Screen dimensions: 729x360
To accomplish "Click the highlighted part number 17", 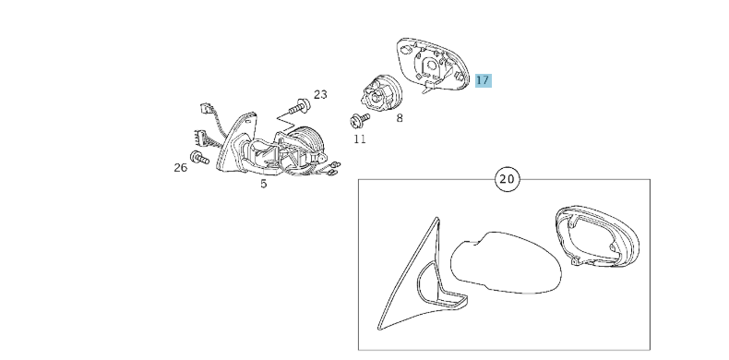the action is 483,80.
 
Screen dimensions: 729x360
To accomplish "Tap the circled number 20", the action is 508,179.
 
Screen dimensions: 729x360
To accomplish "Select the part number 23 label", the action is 320,95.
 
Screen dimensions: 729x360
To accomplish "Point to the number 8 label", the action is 400,118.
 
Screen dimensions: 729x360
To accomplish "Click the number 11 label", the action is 359,139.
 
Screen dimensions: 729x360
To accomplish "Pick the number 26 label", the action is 180,167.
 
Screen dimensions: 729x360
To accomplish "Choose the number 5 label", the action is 264,184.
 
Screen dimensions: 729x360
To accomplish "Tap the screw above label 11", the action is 359,120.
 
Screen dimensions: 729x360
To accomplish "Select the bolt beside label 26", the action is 199,158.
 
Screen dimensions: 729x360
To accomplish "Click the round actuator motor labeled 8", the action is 379,94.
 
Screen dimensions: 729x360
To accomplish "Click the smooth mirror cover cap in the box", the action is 506,263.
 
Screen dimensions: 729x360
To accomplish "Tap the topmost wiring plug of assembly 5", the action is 206,108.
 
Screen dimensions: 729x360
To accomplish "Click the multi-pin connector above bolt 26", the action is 197,138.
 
